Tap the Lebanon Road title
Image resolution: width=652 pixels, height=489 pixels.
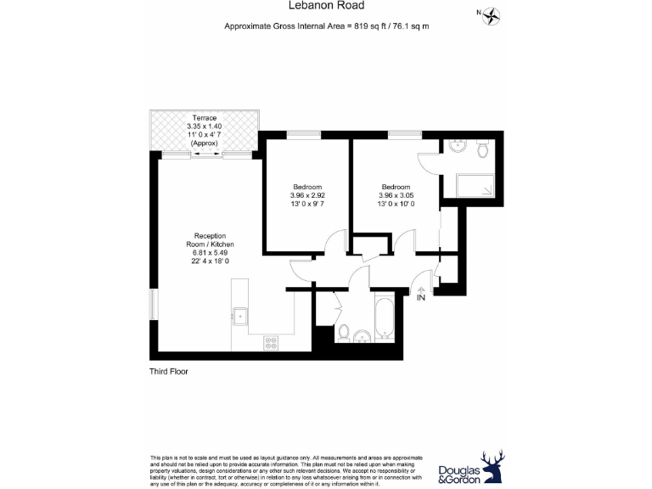point(326,6)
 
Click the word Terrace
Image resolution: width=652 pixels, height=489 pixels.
point(204,117)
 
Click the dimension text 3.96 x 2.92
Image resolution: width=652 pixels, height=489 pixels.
point(307,195)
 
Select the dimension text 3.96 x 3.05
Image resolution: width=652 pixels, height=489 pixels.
point(396,195)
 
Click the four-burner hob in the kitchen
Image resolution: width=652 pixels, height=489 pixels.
point(272,342)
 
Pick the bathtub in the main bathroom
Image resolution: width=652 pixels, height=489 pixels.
point(383,318)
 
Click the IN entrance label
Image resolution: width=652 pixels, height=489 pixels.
point(421,296)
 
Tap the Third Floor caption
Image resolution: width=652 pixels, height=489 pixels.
point(169,372)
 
